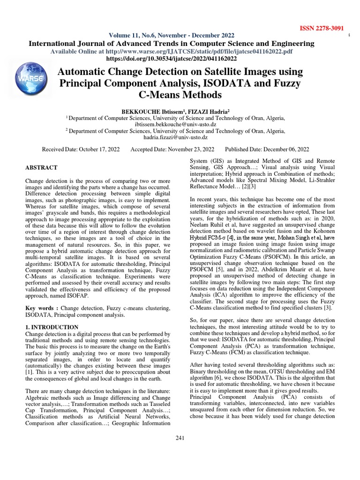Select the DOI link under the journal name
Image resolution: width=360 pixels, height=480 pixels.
pos(172,59)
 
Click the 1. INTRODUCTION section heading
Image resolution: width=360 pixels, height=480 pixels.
pos(52,326)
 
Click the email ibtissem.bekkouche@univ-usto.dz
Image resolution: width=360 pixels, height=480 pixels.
pos(180,125)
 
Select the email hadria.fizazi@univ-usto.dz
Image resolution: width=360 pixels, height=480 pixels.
pos(180,137)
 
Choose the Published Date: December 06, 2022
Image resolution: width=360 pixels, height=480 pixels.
pos(267,149)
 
